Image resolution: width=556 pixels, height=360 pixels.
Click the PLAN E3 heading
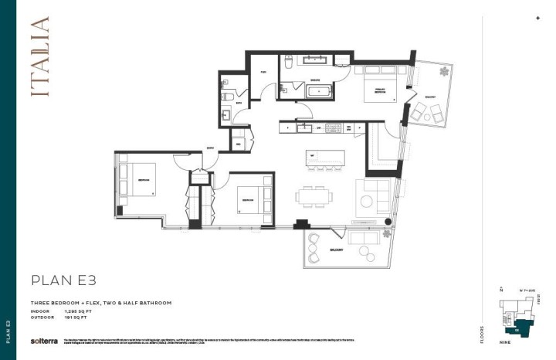(x=64, y=280)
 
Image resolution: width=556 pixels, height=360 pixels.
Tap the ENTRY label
(x=210, y=148)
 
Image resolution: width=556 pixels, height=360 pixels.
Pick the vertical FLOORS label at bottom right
(x=483, y=332)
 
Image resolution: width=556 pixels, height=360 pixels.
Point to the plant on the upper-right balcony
(x=444, y=73)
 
